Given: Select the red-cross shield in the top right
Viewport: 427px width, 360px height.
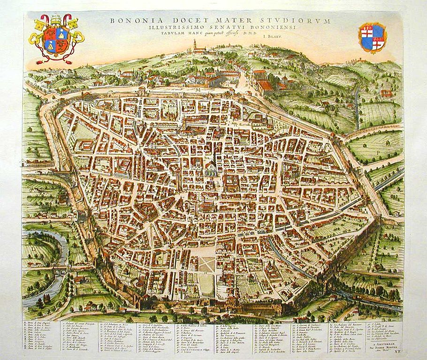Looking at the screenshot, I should (372, 37).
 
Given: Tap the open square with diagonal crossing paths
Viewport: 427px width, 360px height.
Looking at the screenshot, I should (206, 264).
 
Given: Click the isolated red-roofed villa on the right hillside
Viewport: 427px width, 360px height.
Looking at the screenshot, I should (386, 93).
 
